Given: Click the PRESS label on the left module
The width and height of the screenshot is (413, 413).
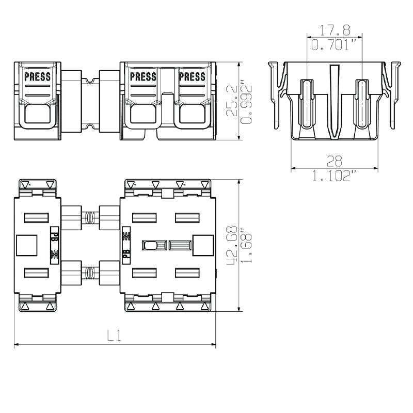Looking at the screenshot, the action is point(37,76).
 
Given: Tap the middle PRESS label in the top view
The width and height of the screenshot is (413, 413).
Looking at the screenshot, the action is point(144,76).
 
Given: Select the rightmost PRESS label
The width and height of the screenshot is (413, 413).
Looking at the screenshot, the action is point(192,76).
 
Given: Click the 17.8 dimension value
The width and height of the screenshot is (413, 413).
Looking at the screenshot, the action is point(335,30).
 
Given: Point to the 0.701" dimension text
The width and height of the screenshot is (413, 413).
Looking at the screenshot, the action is point(333,45).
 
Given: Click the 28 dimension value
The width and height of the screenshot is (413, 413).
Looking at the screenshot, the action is point(334,161).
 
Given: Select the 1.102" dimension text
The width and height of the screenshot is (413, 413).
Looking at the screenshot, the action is point(334,176).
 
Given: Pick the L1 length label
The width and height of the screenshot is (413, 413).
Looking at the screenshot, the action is point(114,336).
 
